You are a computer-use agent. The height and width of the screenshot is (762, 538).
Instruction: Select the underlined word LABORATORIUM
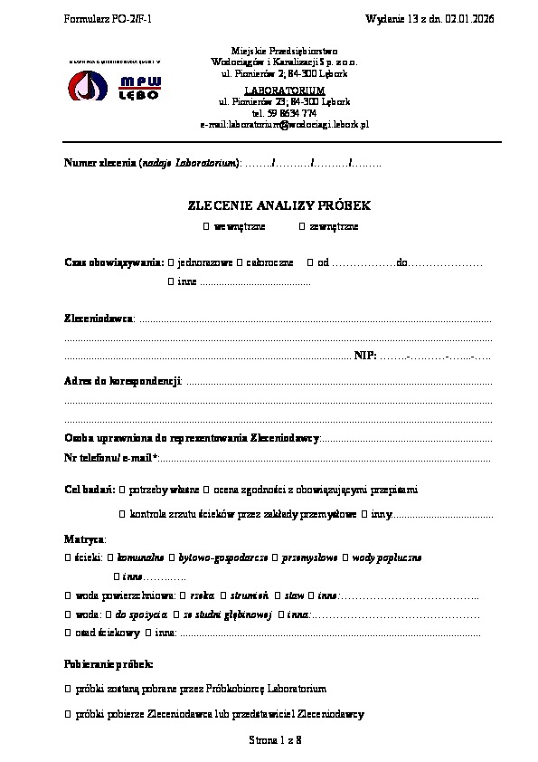coord(284,91)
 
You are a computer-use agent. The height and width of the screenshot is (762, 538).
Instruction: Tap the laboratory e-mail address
coord(284,125)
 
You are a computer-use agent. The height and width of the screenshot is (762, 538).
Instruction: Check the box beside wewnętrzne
coord(206,226)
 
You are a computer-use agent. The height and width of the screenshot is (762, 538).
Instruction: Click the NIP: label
coord(364,356)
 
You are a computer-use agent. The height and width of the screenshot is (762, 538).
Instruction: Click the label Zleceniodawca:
coord(99,319)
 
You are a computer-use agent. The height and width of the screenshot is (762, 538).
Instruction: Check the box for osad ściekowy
coord(68,633)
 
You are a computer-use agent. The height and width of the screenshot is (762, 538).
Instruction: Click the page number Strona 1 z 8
coord(275,740)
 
